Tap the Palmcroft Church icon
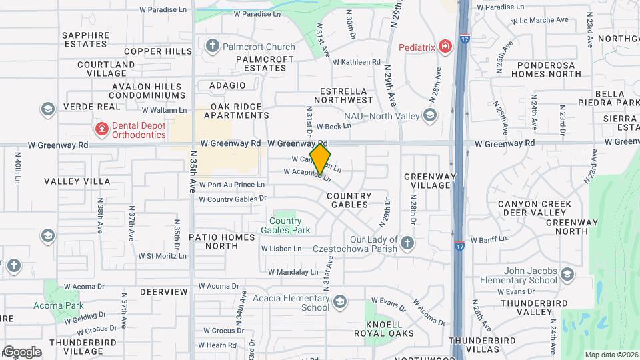click(x=213, y=47)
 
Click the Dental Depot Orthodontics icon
click(x=101, y=128)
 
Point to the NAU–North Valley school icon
click(x=430, y=116)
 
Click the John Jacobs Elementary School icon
click(x=567, y=275)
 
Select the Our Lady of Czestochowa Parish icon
click(x=406, y=243)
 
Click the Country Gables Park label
click(x=290, y=225)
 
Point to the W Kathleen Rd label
click(x=356, y=62)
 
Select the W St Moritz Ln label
click(x=163, y=256)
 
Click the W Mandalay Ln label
click(x=293, y=272)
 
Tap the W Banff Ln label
click(x=489, y=239)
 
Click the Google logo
click(x=21, y=351)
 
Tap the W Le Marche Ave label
click(x=535, y=20)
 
